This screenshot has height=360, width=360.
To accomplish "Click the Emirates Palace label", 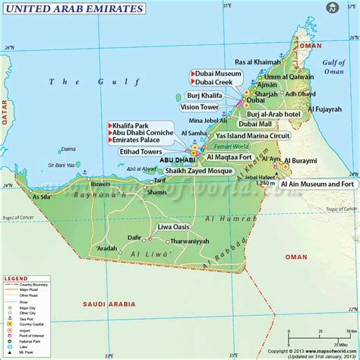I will [x=145, y=140].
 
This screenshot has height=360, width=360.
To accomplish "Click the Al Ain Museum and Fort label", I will [x=317, y=184].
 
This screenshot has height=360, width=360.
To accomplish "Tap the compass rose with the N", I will [x=333, y=8].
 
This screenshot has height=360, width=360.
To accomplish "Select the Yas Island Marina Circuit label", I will [x=254, y=135].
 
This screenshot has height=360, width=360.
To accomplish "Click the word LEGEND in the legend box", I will [x=16, y=279].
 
